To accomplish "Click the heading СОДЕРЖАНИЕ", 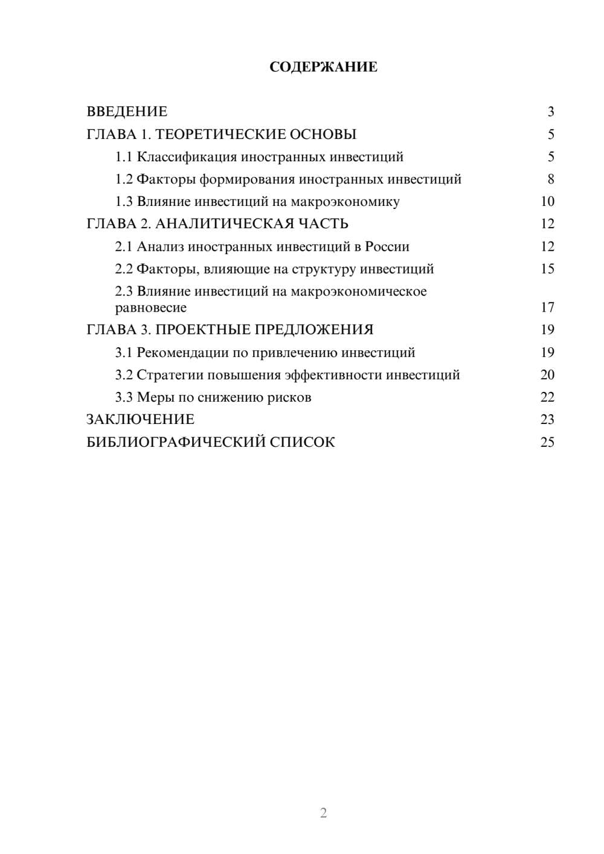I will tap(323, 67).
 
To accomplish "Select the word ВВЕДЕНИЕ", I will tap(127, 112).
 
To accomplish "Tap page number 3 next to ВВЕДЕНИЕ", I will tap(551, 112).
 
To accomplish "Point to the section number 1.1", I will tap(124, 157).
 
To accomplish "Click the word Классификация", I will tap(187, 157).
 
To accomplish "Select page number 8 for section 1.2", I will tap(551, 179).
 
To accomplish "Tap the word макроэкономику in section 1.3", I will tap(345, 202).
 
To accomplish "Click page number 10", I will tap(547, 202).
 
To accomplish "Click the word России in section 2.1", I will tap(387, 247).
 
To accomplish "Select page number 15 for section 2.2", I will tap(547, 269).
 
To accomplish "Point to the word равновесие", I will tap(151, 308).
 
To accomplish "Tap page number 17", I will tap(547, 307).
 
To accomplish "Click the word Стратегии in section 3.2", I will tap(170, 375).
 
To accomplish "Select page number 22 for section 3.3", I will tap(547, 397).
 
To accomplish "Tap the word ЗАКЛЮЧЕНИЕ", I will tap(140, 420).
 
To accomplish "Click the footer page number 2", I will tap(323, 813).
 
